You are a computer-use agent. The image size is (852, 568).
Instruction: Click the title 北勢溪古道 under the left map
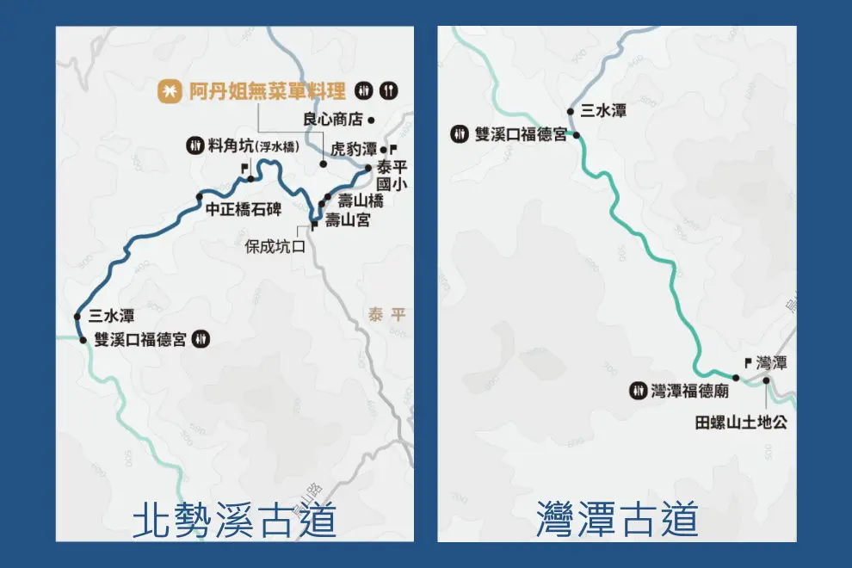(x=234, y=520)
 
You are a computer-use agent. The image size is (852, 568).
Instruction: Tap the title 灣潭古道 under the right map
(x=616, y=520)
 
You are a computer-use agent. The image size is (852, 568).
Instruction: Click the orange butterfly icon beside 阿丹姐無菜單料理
(x=169, y=90)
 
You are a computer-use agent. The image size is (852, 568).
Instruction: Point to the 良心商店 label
(x=334, y=120)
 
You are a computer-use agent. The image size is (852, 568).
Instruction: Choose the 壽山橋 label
(x=361, y=201)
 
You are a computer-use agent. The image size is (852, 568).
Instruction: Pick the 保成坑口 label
(x=275, y=245)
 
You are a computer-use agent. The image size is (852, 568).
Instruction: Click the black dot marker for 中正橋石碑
(x=200, y=194)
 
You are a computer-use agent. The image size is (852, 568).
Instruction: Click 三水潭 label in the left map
(x=111, y=316)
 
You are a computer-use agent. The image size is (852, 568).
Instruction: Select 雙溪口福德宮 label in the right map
(x=521, y=134)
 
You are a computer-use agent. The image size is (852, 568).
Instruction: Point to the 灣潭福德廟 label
(x=690, y=391)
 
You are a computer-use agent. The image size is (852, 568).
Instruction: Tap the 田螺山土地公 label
(x=741, y=423)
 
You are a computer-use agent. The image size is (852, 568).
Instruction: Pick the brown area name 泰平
(x=386, y=315)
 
